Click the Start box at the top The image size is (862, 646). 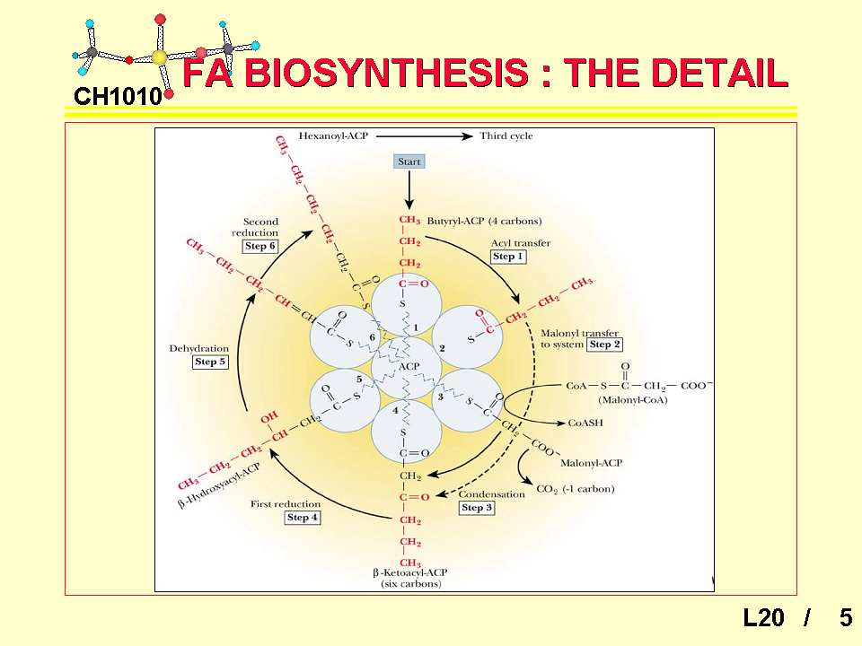pos(409,161)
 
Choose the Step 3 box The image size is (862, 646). pos(476,508)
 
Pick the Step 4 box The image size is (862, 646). pos(303,518)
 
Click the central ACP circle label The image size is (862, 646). pos(409,366)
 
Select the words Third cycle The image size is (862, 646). pos(506,136)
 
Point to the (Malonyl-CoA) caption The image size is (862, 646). pos(629,400)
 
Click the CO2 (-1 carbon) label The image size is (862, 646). pos(576,489)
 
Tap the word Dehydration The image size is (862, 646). pos(199,348)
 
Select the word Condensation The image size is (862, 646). pos(492,494)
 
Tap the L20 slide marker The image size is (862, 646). pos(763,617)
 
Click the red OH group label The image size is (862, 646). pos(268,418)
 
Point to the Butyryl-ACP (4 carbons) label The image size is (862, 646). pos(484,221)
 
